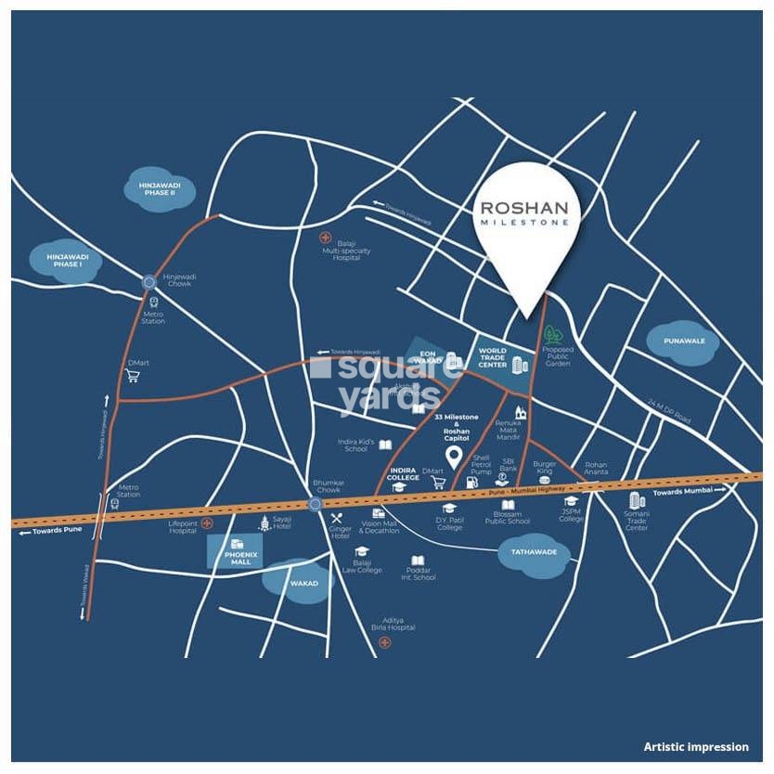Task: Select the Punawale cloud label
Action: tap(684, 342)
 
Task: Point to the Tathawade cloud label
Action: tap(528, 551)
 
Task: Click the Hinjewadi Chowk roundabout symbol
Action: tap(149, 281)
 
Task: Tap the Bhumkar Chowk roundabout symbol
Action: tap(315, 504)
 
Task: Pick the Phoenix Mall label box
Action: tap(235, 552)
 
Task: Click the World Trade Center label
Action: tap(492, 357)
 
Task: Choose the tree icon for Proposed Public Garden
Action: tap(554, 333)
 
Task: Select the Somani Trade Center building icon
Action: tap(637, 502)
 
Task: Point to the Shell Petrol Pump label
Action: tap(481, 464)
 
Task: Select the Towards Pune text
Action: tap(58, 533)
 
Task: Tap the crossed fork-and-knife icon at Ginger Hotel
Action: tap(337, 519)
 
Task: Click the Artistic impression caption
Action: tap(696, 746)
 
